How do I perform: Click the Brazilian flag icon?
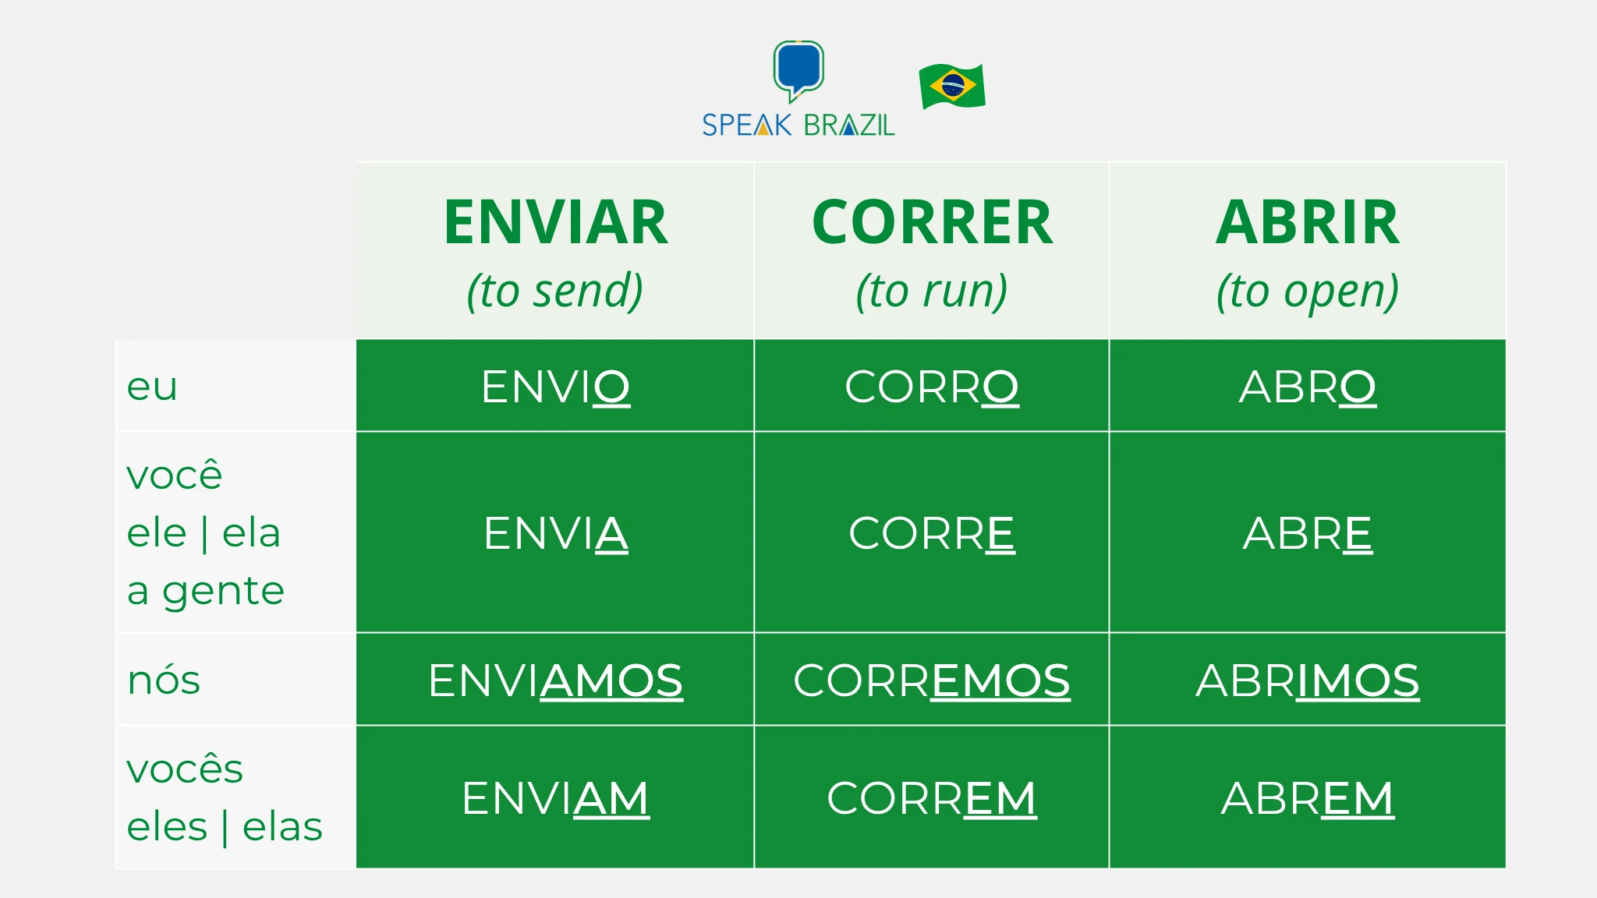coord(952,86)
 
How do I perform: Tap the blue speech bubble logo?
coord(798,69)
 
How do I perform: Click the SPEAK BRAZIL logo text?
coord(798,126)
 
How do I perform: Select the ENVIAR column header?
coord(555,223)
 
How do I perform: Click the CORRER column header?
coord(932,223)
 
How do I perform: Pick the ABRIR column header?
coord(1308,223)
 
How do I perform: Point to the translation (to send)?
coord(555,291)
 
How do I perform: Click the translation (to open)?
coord(1308,291)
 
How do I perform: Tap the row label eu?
coord(152,387)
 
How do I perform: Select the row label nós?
coord(164,681)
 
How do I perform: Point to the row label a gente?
coord(206,591)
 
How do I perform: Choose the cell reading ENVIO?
coord(555,387)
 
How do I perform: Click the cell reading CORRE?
coord(932,533)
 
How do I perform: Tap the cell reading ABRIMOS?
coord(1308,681)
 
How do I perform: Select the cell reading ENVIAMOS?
coord(555,681)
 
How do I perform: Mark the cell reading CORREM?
coord(932,798)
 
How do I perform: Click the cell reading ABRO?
coord(1308,387)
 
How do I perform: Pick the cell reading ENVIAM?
coord(555,798)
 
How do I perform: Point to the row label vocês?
coord(185,769)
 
